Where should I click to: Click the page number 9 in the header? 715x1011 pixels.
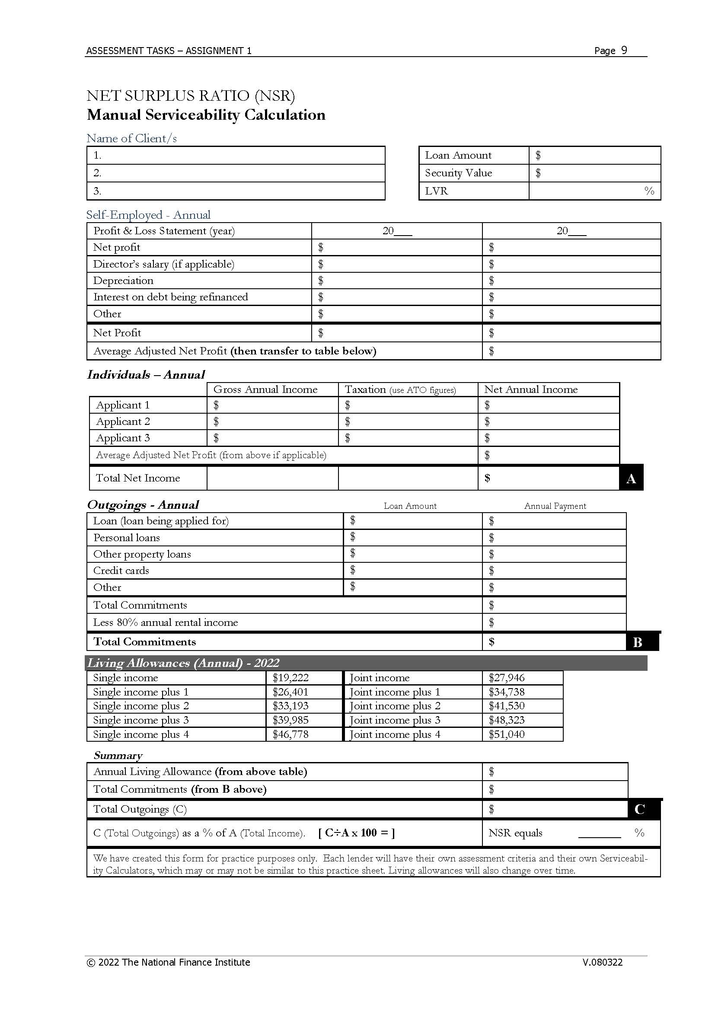click(624, 50)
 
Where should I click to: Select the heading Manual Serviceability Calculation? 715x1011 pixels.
click(206, 115)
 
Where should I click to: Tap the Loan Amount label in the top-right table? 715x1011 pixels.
click(458, 156)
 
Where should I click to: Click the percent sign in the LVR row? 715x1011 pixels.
click(649, 191)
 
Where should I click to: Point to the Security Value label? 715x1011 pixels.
click(458, 173)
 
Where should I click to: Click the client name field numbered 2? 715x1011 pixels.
click(236, 173)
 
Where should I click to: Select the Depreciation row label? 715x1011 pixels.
click(123, 281)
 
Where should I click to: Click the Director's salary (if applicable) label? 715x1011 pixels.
click(163, 264)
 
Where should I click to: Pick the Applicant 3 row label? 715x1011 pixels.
click(123, 438)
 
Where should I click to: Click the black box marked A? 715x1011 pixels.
click(631, 478)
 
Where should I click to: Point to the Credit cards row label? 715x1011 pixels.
click(121, 571)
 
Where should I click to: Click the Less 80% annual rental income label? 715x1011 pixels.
click(165, 622)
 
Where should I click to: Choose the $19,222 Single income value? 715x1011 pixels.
click(290, 678)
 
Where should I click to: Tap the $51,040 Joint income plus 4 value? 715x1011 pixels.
click(506, 734)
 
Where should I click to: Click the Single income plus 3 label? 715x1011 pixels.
click(141, 720)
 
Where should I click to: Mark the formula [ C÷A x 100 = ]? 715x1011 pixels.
click(356, 832)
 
